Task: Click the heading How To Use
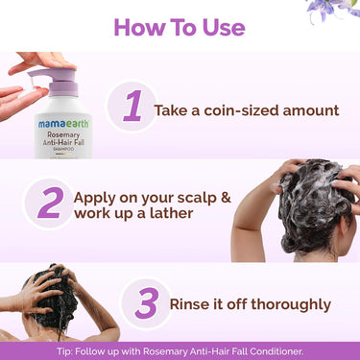(x=180, y=25)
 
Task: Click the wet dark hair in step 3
(x=59, y=292)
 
